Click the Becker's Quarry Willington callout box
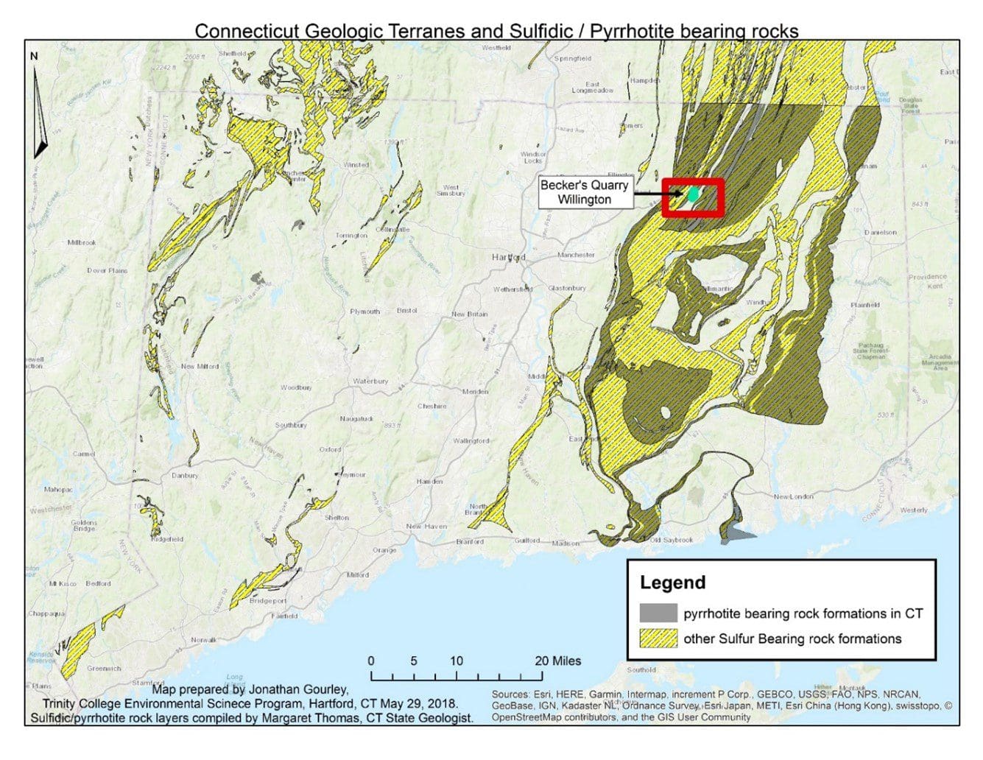tap(584, 192)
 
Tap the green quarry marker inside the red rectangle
tap(693, 195)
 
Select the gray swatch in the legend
tap(658, 613)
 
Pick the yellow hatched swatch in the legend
tap(658, 638)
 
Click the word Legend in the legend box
tap(672, 583)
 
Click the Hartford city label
tap(508, 257)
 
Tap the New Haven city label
tap(426, 526)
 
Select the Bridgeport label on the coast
tap(268, 601)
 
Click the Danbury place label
tap(185, 475)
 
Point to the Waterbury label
tap(370, 381)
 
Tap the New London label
tap(792, 497)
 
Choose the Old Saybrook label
tap(671, 540)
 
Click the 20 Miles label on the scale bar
tap(557, 661)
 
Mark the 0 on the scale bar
tap(371, 661)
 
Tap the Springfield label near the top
tap(572, 58)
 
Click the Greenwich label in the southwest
tap(104, 669)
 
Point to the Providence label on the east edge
tap(927, 278)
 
